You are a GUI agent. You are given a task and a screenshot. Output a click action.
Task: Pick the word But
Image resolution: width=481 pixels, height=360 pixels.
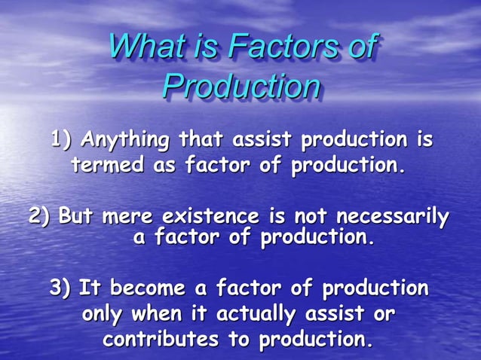pyautogui.click(x=76, y=216)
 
